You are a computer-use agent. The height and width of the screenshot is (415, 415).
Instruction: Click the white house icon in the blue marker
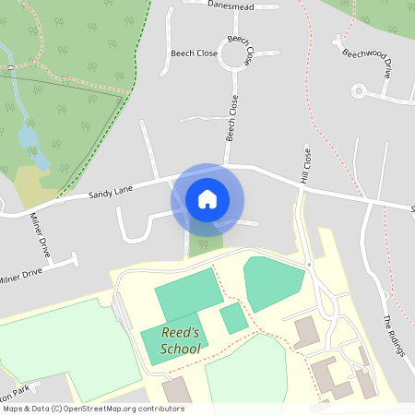click(207, 199)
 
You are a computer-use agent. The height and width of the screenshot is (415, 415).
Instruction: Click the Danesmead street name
click(230, 5)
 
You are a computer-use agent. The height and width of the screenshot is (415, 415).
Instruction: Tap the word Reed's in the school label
click(180, 334)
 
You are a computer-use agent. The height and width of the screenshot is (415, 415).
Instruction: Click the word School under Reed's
click(180, 350)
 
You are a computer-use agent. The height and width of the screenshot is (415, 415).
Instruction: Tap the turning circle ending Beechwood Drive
click(359, 90)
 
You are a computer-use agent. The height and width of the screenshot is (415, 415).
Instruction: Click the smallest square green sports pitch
click(233, 318)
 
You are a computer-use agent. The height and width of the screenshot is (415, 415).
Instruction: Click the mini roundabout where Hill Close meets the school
click(309, 265)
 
